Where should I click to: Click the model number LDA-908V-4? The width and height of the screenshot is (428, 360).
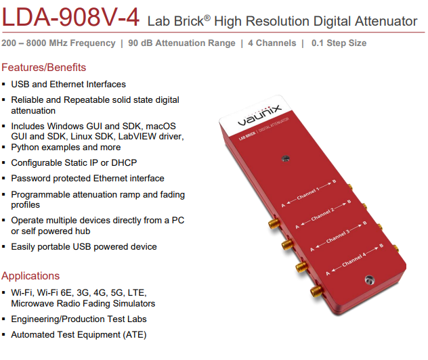(70, 18)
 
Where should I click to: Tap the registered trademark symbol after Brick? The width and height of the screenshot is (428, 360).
(207, 18)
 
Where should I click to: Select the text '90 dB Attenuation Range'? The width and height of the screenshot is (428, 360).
(181, 43)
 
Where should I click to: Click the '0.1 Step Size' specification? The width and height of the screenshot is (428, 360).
(339, 43)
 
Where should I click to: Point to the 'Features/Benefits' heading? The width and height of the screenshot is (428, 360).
(43, 68)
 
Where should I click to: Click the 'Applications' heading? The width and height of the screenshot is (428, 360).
(30, 275)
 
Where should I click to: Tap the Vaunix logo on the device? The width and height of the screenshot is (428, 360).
(259, 115)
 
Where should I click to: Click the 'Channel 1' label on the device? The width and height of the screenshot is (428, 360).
(308, 194)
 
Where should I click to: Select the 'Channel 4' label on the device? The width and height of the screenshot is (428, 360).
(354, 260)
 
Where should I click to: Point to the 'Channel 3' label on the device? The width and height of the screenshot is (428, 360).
(338, 236)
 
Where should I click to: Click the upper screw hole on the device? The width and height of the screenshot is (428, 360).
(285, 158)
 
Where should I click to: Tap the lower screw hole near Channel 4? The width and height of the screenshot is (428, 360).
(369, 279)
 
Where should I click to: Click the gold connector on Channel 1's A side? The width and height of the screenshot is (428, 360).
(274, 223)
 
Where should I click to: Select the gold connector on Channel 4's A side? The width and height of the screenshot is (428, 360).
(317, 291)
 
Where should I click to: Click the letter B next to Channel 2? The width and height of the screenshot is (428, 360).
(349, 202)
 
